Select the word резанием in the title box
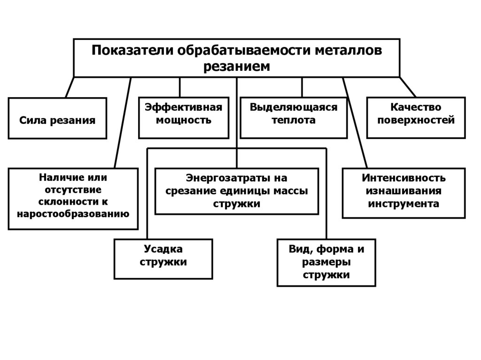coord(237,66)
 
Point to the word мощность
coord(183,120)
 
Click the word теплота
coord(294,120)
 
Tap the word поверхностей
coord(416,120)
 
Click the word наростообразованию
coord(73,214)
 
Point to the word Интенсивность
coord(403,178)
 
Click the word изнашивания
coord(403,191)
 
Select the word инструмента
coord(403,204)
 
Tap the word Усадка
coord(163,249)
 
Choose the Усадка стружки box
coord(163,259)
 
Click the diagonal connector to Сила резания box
coord(70,87)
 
